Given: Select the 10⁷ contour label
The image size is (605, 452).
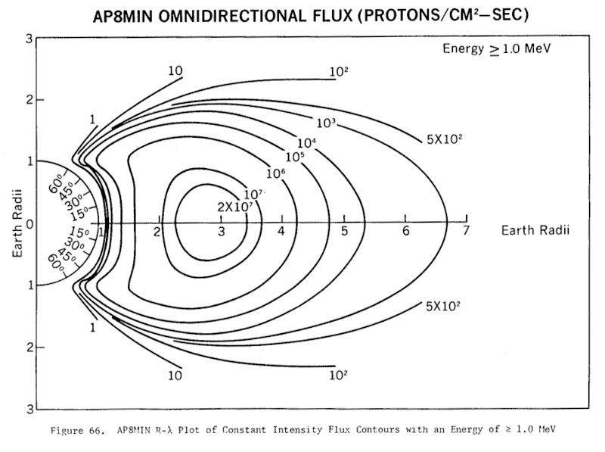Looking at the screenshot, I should point(253,195).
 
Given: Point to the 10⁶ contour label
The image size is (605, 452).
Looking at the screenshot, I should point(277,173).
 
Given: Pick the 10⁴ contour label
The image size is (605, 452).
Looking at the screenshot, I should point(306,142).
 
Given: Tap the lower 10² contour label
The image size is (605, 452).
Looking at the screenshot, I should point(338,373).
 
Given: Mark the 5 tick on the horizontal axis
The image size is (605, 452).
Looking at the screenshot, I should point(344,230).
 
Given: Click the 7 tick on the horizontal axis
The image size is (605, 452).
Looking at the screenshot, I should point(467,230).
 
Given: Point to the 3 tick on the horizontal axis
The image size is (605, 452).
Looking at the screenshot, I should point(221,230).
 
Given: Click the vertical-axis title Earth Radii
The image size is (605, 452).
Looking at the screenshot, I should point(17,223).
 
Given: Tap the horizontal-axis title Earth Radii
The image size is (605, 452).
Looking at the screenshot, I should point(534,230).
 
